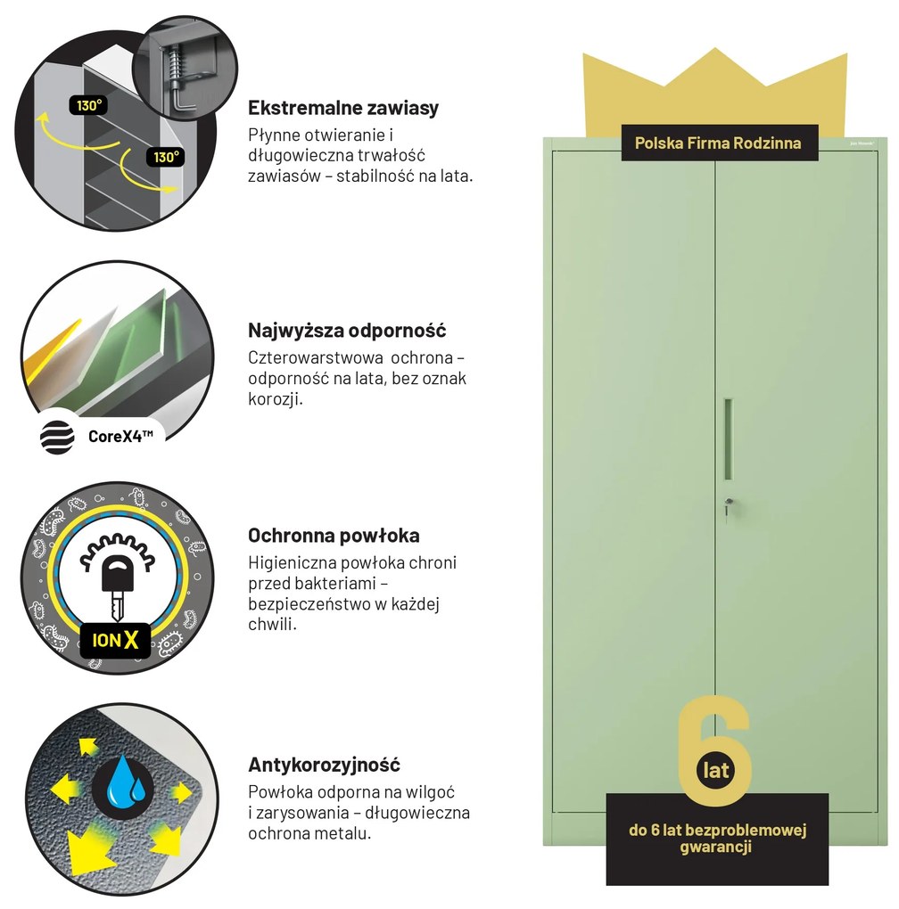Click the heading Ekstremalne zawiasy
click(x=343, y=108)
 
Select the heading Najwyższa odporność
click(x=347, y=331)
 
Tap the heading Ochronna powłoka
click(x=334, y=536)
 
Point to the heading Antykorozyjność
click(x=325, y=766)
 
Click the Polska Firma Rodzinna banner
click(x=719, y=143)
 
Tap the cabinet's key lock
click(x=729, y=504)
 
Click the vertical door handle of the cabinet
click(x=729, y=438)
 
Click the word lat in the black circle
click(x=715, y=771)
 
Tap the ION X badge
click(x=115, y=640)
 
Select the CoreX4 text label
click(x=120, y=437)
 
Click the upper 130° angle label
click(x=88, y=105)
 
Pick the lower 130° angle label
click(x=166, y=157)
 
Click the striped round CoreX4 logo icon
click(x=57, y=436)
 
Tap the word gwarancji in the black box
click(x=716, y=847)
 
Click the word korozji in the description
click(x=276, y=399)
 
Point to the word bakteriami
click(x=325, y=583)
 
